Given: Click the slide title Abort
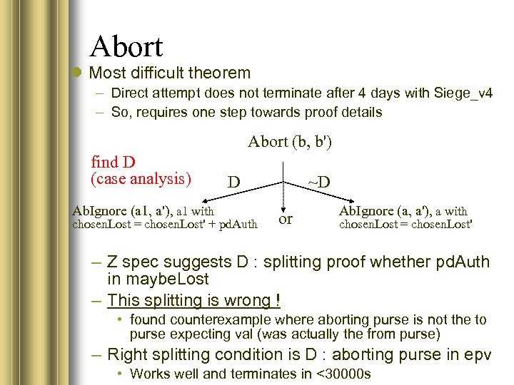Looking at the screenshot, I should click(126, 46).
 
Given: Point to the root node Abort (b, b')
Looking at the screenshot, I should click(290, 141).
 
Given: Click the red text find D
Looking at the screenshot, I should click(114, 162).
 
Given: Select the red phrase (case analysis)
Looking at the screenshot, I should click(141, 178).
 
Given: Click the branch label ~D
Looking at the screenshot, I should click(318, 182).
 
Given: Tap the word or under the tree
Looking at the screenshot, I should click(286, 219).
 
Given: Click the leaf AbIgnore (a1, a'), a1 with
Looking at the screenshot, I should click(143, 211).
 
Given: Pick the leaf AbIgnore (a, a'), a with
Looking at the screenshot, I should click(403, 211).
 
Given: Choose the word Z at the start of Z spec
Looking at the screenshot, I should click(113, 262).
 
